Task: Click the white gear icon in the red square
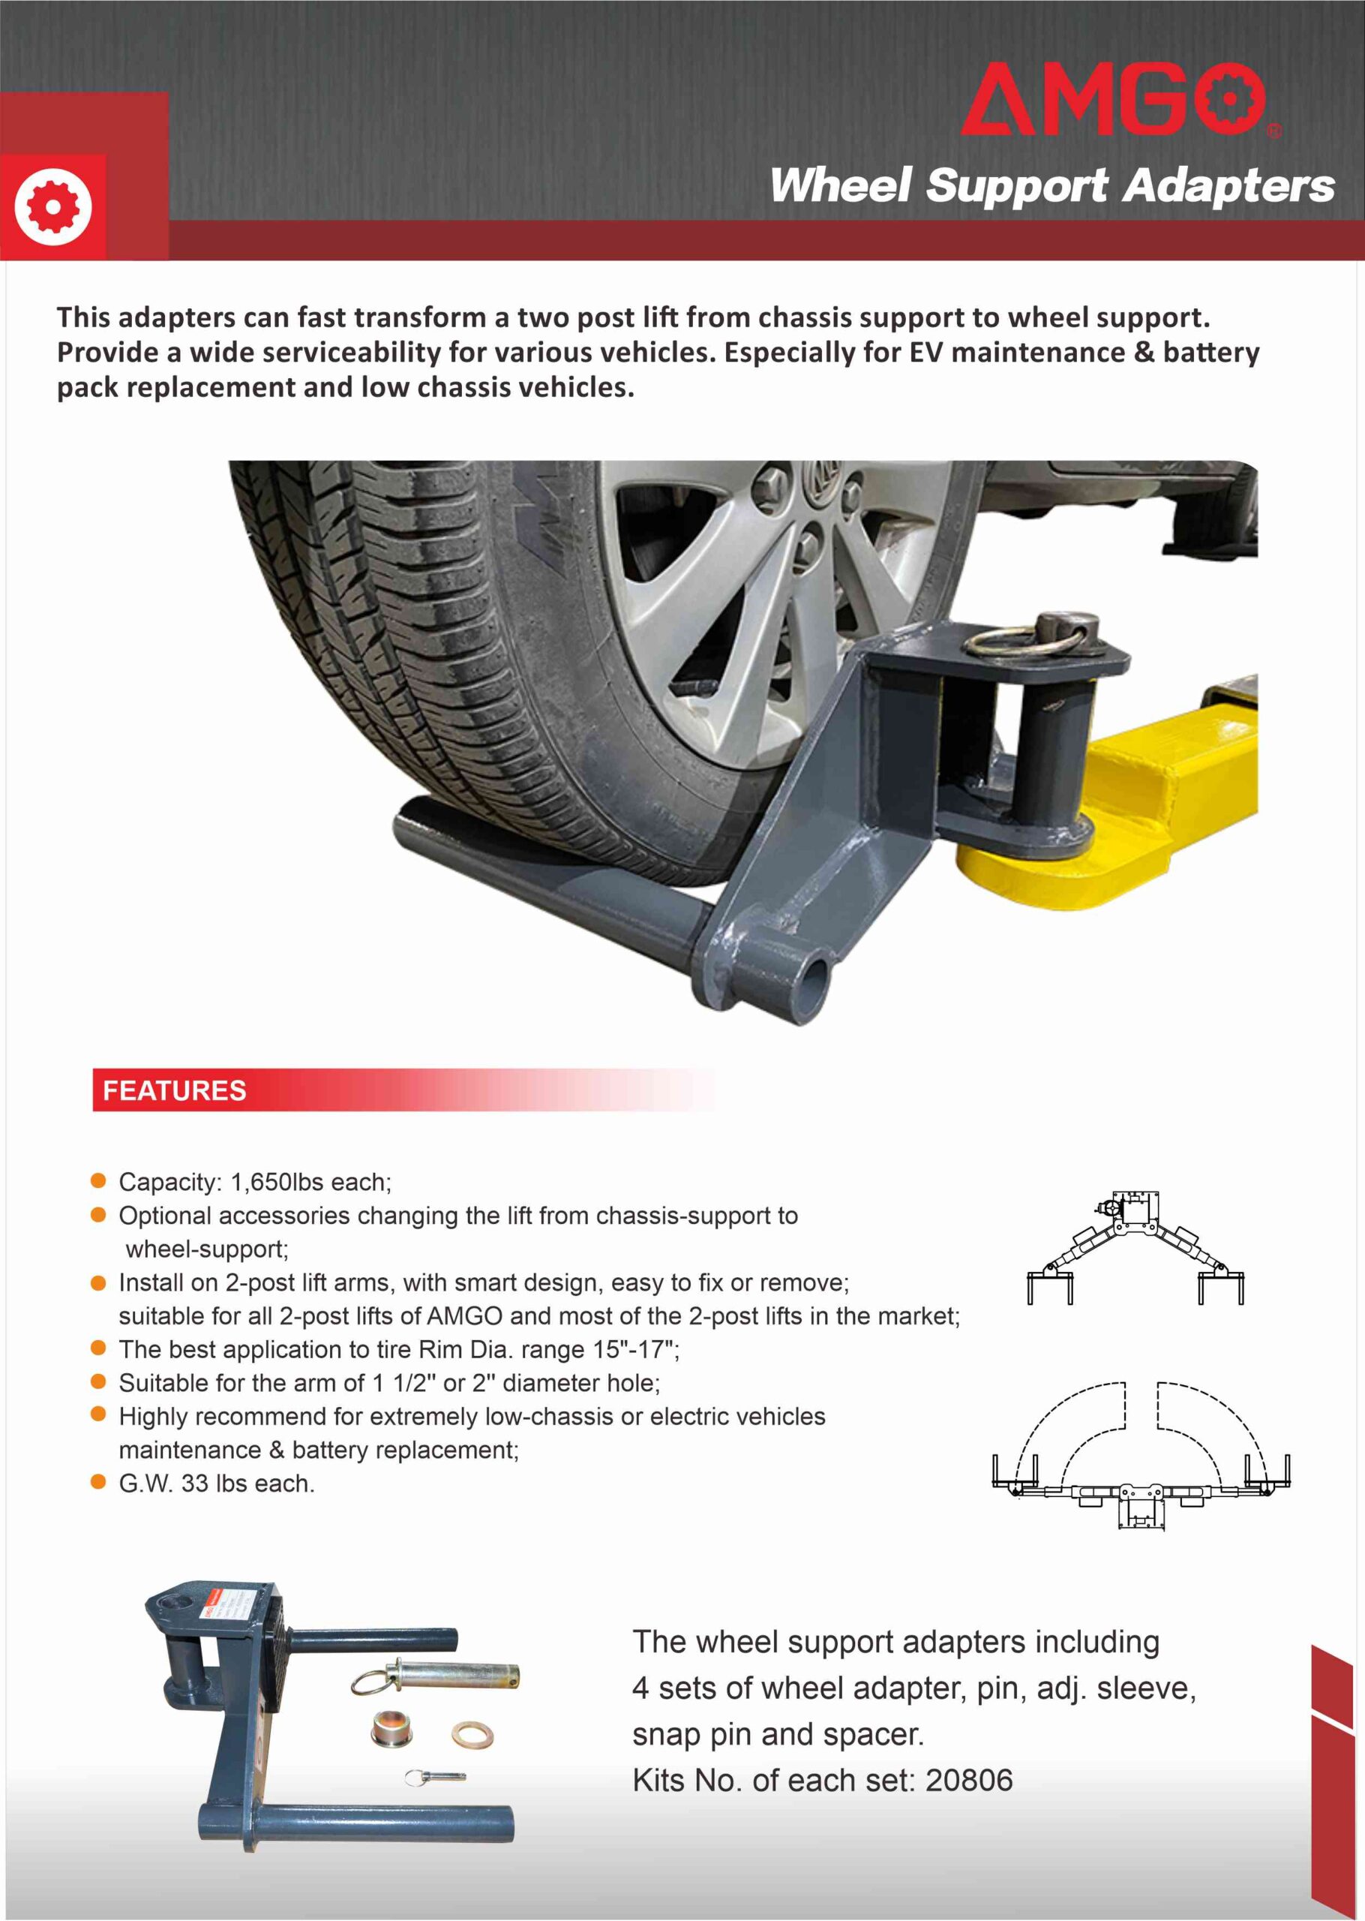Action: tap(52, 206)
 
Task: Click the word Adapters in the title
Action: tap(1228, 185)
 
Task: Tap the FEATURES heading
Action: tap(174, 1090)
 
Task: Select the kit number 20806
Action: tap(968, 1780)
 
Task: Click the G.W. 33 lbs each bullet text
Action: tap(216, 1483)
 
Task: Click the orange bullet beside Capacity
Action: tap(98, 1181)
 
